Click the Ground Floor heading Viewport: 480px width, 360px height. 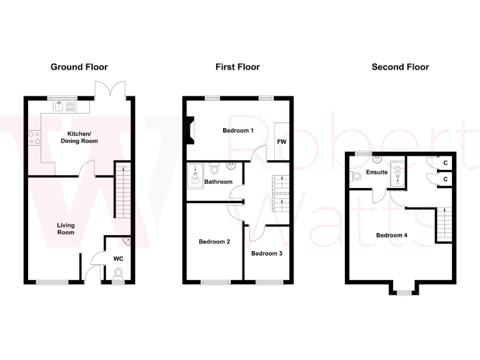[79, 67]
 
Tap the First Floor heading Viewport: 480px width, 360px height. [237, 67]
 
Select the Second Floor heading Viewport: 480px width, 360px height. [400, 67]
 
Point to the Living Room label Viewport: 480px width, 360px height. [66, 229]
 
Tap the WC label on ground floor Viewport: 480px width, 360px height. [119, 257]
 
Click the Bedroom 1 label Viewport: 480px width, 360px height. [238, 131]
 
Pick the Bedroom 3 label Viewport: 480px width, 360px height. [267, 253]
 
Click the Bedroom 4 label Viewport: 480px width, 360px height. [392, 236]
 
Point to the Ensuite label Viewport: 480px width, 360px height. [377, 172]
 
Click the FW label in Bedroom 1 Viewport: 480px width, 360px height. [281, 142]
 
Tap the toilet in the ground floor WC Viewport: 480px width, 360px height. [119, 272]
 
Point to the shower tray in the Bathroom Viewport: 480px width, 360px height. [196, 175]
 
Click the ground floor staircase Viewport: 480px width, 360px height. [123, 190]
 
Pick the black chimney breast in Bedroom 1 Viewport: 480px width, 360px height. [190, 132]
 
